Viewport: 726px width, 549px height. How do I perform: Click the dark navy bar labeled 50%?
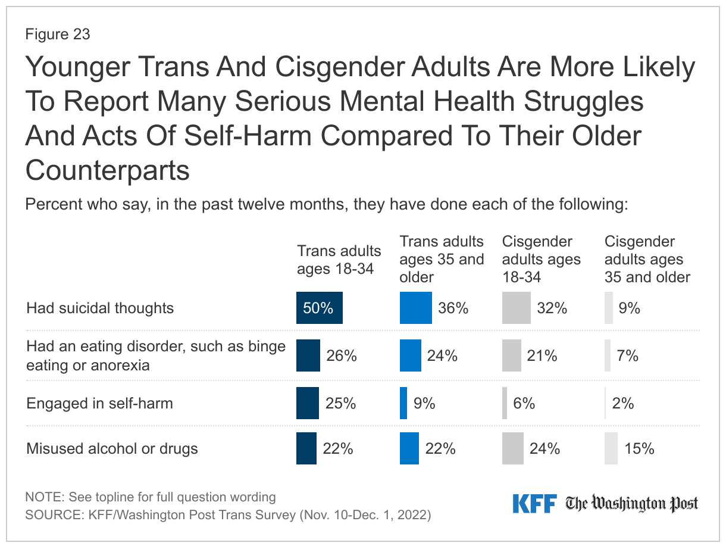320,308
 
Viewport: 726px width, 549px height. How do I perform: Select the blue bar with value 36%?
415,308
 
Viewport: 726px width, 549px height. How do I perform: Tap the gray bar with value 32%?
516,308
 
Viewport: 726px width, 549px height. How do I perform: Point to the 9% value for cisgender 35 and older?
629,308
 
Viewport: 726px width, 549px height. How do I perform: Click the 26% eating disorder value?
342,356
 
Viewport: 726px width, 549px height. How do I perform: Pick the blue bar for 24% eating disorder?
410,355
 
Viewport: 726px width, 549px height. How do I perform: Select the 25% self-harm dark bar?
308,403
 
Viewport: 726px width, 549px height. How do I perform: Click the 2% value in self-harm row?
623,404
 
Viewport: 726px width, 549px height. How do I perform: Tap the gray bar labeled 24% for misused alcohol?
512,448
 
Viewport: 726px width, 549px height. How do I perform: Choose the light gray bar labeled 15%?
611,448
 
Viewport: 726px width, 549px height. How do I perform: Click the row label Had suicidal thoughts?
100,308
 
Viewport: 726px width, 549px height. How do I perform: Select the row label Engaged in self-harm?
99,403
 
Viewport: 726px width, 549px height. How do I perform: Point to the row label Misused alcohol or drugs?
112,448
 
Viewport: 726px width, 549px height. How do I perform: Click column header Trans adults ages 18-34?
339,260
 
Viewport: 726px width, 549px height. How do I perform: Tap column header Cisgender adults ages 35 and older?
647,260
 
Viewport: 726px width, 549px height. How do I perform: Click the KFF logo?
534,503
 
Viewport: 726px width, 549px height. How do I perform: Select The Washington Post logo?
631,504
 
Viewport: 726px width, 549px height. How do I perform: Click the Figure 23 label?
58,35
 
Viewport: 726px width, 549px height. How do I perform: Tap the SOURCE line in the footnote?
227,515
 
